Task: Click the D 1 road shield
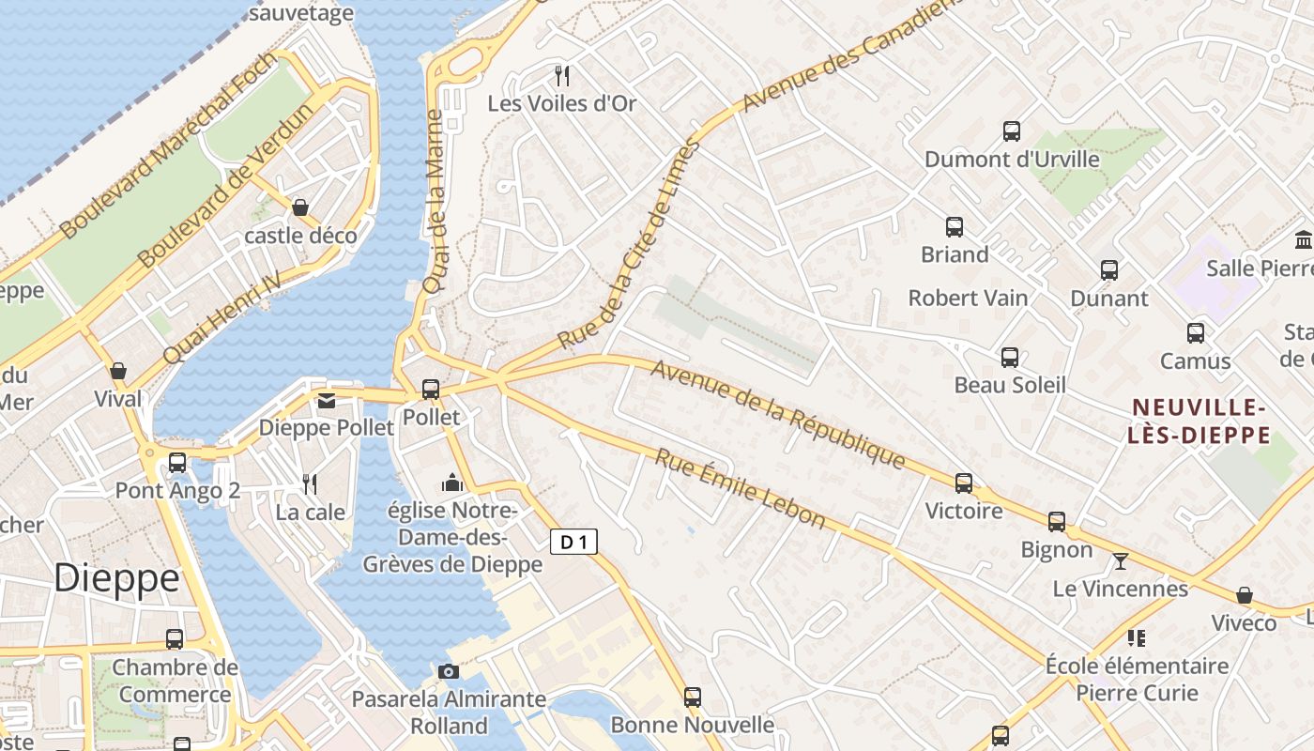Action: click(x=573, y=542)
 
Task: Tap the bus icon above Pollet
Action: click(x=431, y=389)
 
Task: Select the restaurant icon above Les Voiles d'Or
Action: click(x=562, y=75)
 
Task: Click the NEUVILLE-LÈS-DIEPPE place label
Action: click(x=1200, y=421)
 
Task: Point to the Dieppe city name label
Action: click(x=116, y=578)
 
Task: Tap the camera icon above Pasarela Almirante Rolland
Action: click(x=449, y=671)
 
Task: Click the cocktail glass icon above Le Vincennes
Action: click(x=1120, y=561)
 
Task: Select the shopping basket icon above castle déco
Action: click(x=300, y=207)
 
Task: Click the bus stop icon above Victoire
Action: click(x=964, y=483)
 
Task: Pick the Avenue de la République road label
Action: click(x=778, y=414)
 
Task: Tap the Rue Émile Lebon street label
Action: click(x=741, y=488)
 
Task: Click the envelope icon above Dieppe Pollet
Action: click(x=326, y=401)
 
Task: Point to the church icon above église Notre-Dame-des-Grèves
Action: click(x=452, y=483)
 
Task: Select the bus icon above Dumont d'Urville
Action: click(x=1012, y=131)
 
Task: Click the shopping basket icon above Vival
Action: click(x=118, y=371)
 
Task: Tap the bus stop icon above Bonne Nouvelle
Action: click(x=693, y=697)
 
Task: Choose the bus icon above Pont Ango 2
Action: click(x=177, y=463)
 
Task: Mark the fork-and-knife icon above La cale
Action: click(x=310, y=484)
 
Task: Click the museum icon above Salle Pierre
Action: click(x=1304, y=240)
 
